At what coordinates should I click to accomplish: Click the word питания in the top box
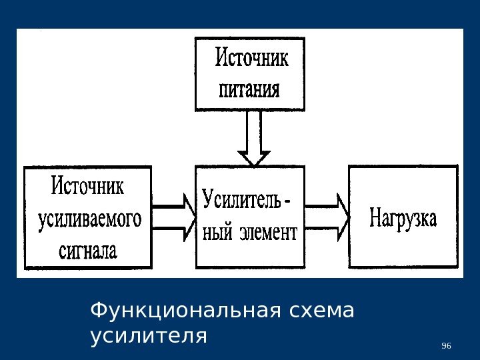[250, 89]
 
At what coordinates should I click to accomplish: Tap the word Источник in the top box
[252, 59]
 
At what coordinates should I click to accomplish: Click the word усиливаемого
[87, 219]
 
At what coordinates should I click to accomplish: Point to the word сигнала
[87, 251]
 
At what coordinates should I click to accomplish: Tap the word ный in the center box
[216, 233]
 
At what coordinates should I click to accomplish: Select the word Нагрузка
[403, 219]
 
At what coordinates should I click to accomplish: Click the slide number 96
[447, 345]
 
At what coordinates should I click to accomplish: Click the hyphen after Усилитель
[287, 201]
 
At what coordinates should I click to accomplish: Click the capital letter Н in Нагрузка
[375, 217]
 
